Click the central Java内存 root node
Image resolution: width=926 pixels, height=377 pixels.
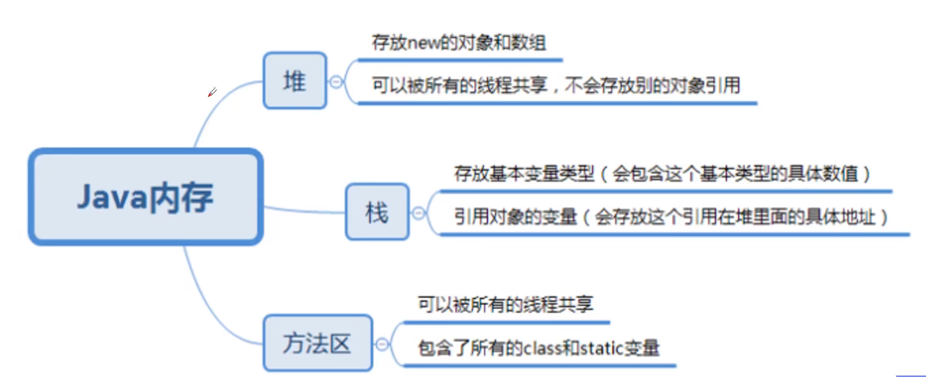pos(146,196)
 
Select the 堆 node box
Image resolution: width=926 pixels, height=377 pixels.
pos(295,81)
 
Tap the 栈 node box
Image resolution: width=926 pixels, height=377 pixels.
pos(377,213)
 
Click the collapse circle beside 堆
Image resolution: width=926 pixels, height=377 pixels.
pos(335,81)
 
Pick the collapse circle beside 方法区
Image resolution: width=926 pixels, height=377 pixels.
pos(382,342)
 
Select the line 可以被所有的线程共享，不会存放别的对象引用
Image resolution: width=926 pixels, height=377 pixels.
pos(556,85)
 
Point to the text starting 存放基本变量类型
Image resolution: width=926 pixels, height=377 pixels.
pos(663,174)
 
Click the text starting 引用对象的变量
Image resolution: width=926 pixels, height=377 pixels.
pos(671,217)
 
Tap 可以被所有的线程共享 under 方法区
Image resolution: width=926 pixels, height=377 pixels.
pos(505,304)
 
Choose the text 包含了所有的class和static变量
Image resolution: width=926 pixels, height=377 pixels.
pos(538,347)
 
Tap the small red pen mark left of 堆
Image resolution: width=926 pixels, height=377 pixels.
pos(212,93)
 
